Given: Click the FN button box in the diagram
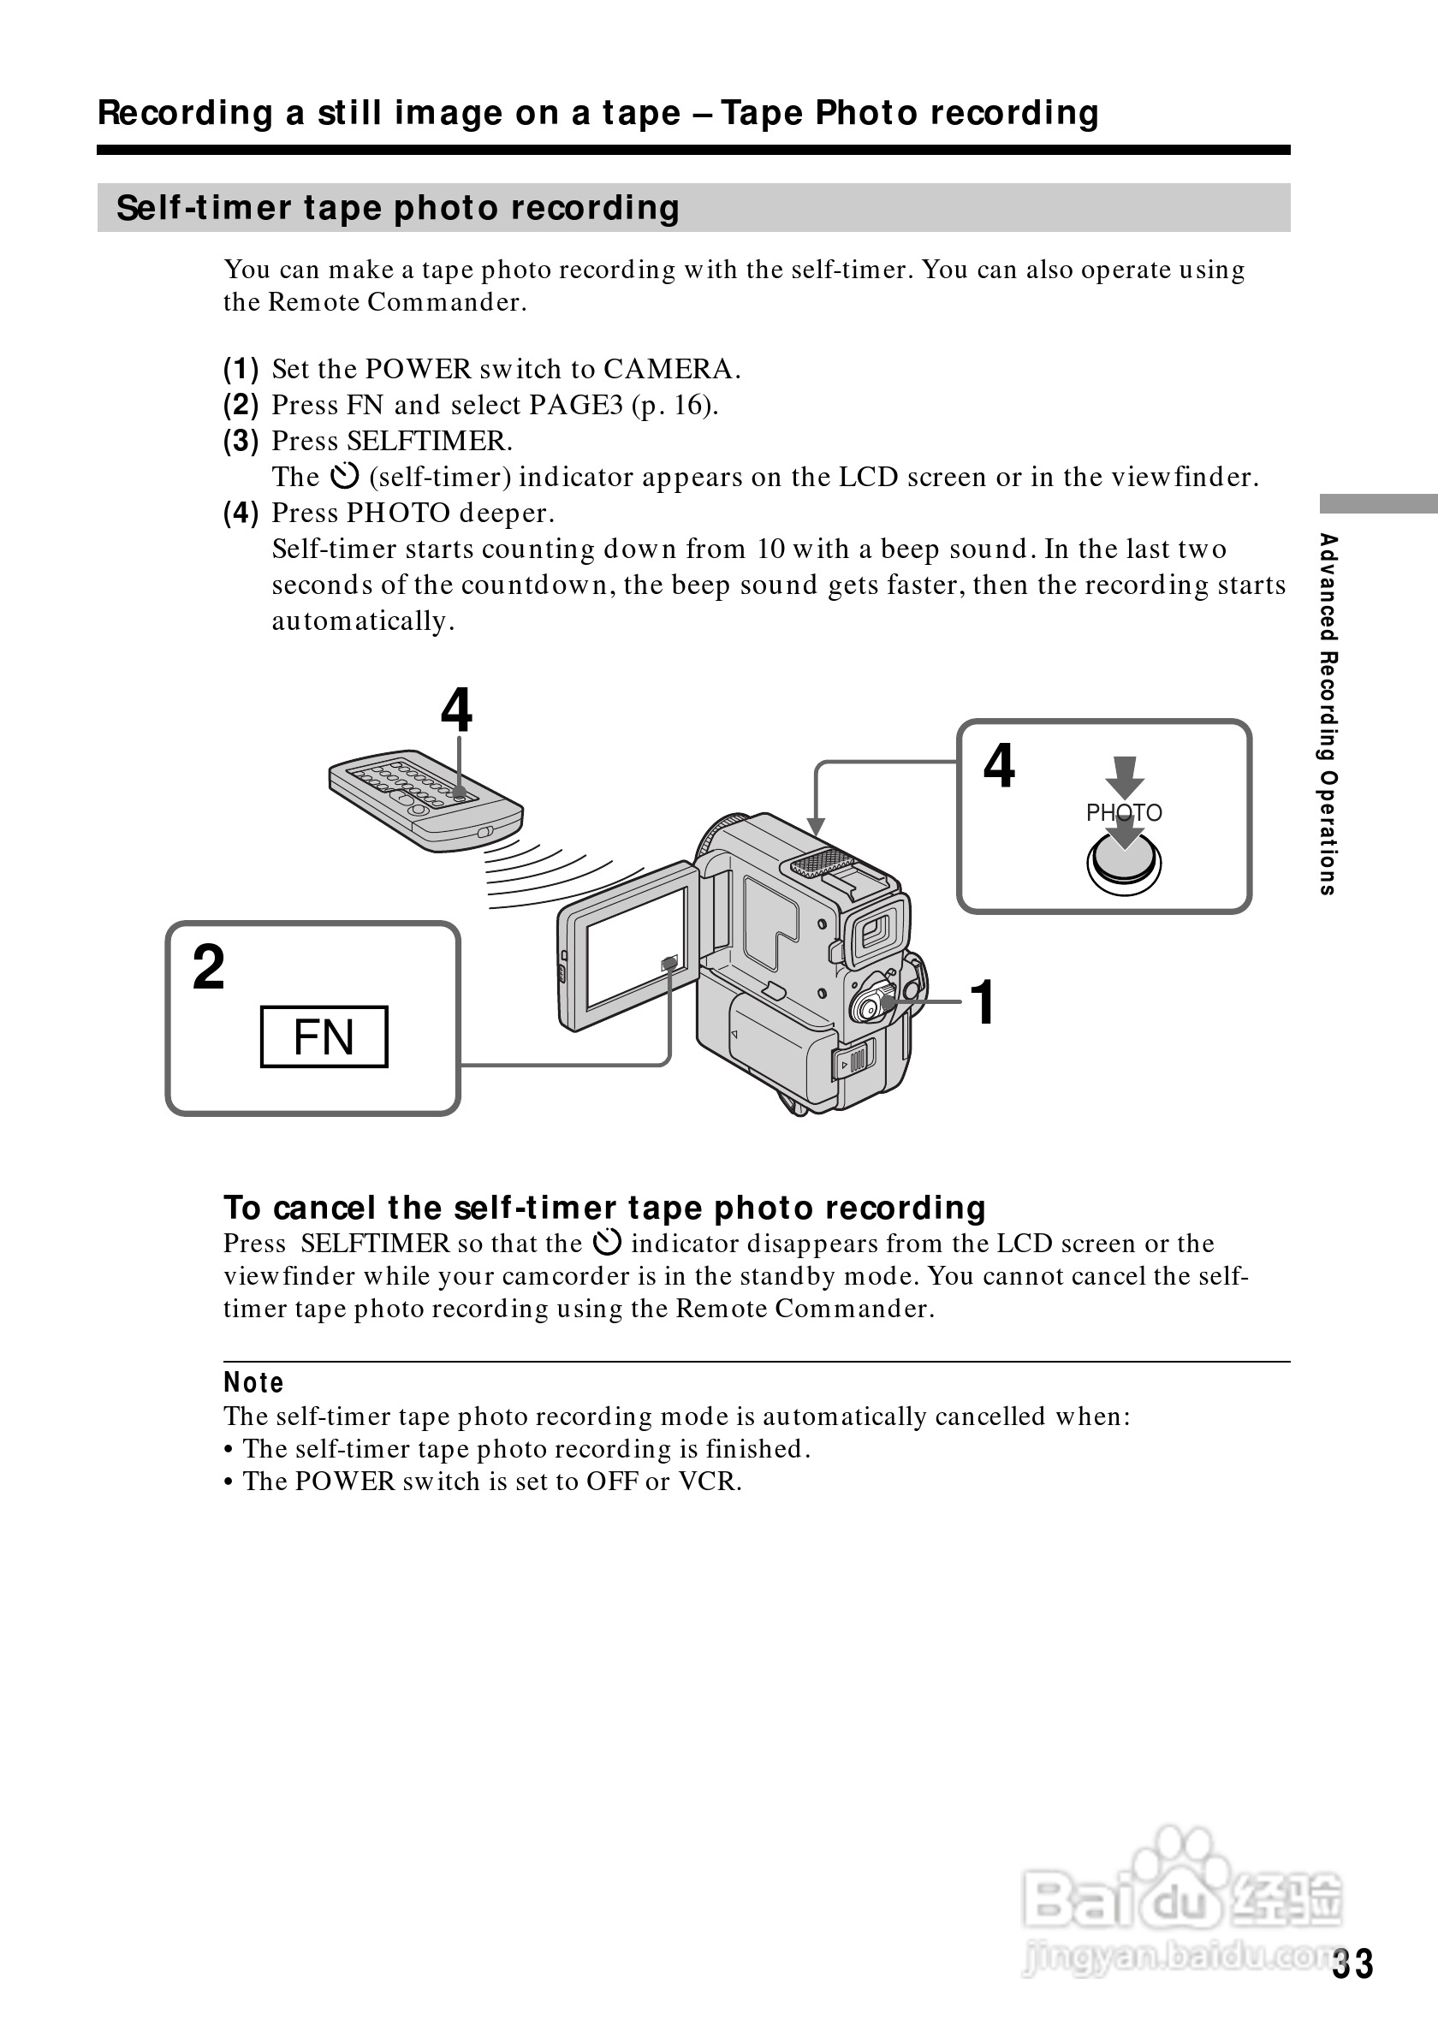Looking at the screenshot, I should pos(324,1036).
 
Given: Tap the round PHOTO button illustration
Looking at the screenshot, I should pos(1124,865).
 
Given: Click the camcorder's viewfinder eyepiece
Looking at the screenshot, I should pos(876,931).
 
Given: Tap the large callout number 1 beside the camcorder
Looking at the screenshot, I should pos(983,1002).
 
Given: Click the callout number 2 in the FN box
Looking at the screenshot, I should pos(209,967).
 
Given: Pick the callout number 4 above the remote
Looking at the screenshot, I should pos(457,710).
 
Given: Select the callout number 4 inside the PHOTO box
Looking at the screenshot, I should pos(999,766).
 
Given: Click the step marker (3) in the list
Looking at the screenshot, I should pos(241,441).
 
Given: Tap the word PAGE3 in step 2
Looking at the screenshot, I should pos(577,406).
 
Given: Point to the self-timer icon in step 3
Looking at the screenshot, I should pos(344,477).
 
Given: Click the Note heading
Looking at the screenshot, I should pos(253,1382).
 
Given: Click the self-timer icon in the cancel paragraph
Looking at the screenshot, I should pos(607,1243).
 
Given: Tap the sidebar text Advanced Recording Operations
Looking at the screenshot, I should pos(1328,714).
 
